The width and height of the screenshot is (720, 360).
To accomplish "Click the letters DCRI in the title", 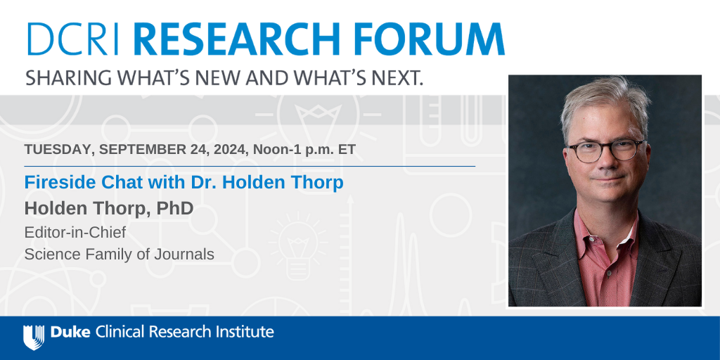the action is [x=73, y=39].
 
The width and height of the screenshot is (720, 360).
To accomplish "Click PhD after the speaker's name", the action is [x=175, y=208].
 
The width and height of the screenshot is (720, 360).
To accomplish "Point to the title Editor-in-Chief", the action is [x=75, y=233].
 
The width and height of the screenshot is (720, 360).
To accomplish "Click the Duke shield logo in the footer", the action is [x=34, y=337].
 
